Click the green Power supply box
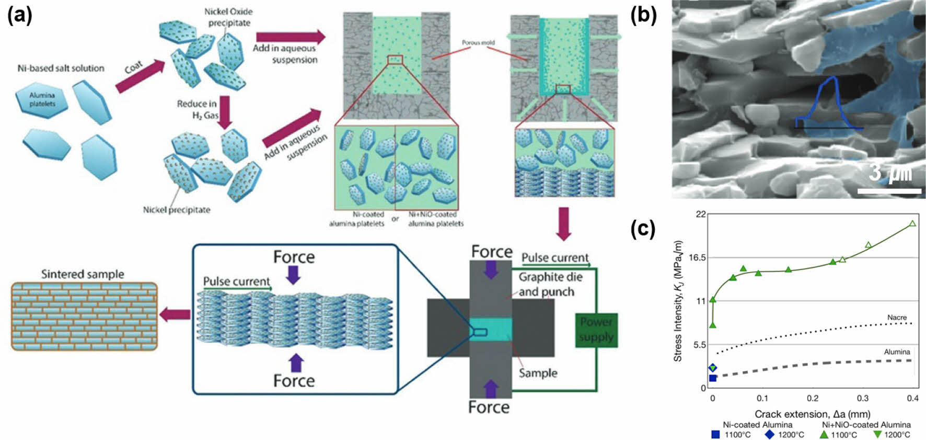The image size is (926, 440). pyautogui.click(x=596, y=330)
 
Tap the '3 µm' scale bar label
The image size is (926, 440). pyautogui.click(x=890, y=173)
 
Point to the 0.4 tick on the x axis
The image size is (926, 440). pyautogui.click(x=912, y=399)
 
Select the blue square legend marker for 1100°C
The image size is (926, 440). pyautogui.click(x=715, y=434)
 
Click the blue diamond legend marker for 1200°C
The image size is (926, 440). pyautogui.click(x=769, y=434)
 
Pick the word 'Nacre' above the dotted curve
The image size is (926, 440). pyautogui.click(x=897, y=318)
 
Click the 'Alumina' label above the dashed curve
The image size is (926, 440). pyautogui.click(x=897, y=352)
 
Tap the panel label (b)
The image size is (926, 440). pyautogui.click(x=643, y=15)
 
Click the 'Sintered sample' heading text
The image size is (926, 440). pyautogui.click(x=83, y=274)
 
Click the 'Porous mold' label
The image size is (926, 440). pyautogui.click(x=478, y=42)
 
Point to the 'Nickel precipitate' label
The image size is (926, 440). pyautogui.click(x=177, y=210)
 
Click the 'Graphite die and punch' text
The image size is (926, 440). pyautogui.click(x=547, y=284)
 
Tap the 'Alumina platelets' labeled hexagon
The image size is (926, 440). pyautogui.click(x=42, y=99)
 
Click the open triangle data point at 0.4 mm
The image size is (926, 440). pyautogui.click(x=912, y=224)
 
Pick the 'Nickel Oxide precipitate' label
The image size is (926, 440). pyautogui.click(x=228, y=17)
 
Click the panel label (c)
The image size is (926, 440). pyautogui.click(x=643, y=229)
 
